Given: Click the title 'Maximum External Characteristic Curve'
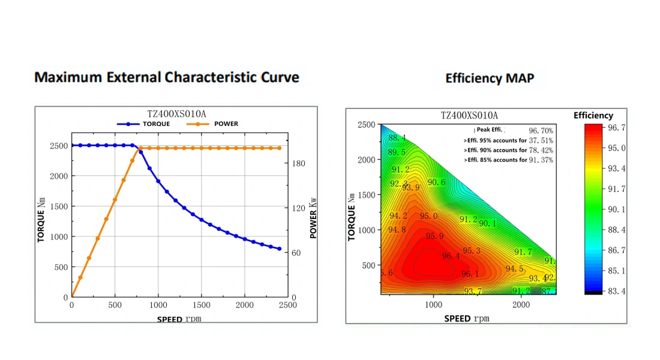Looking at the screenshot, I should (x=166, y=77).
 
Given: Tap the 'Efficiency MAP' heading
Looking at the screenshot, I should (x=490, y=78).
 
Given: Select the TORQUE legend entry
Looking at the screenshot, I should (x=144, y=124).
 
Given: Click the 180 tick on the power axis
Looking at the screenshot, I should (x=299, y=163).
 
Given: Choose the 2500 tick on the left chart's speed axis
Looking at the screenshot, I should (x=288, y=305).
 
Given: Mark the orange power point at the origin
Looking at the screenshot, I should (x=72, y=297).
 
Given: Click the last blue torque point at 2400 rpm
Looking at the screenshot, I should (x=279, y=248).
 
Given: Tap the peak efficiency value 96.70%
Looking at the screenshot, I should (x=541, y=130).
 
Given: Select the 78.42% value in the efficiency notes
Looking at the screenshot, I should (x=541, y=150).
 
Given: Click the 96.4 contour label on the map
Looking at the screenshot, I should (x=451, y=256).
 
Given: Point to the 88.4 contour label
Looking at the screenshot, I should (x=397, y=138).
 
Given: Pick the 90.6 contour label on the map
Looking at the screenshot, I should (x=436, y=182).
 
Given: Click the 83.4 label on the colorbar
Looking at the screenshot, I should (x=617, y=291).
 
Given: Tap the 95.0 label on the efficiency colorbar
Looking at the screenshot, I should (x=617, y=148).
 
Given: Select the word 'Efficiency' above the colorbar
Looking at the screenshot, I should (x=593, y=115).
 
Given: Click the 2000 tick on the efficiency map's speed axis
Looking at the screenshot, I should (x=521, y=305).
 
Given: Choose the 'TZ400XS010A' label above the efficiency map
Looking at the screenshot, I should (x=469, y=115).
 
